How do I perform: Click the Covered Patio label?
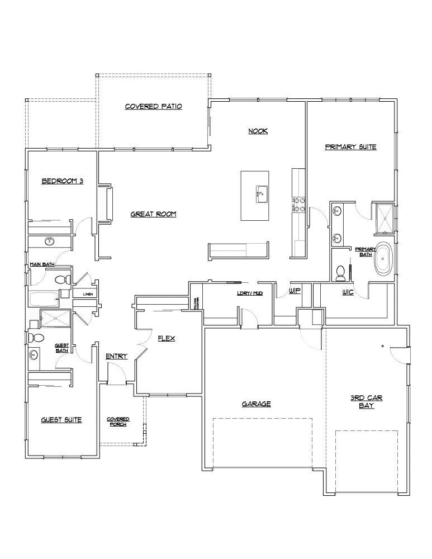pos(153,106)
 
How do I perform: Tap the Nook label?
pos(258,131)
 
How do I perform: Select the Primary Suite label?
pos(350,147)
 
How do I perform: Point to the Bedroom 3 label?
pos(63,181)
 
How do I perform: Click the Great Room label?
pos(154,214)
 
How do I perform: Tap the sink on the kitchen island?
pos(260,194)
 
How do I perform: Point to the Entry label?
pos(117,356)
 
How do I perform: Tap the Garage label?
pos(257,404)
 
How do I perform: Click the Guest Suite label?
pos(61,420)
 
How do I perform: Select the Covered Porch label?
pos(118,421)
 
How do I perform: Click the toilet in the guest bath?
pos(37,338)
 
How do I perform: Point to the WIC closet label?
pos(348,292)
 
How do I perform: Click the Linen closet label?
pos(88,293)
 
